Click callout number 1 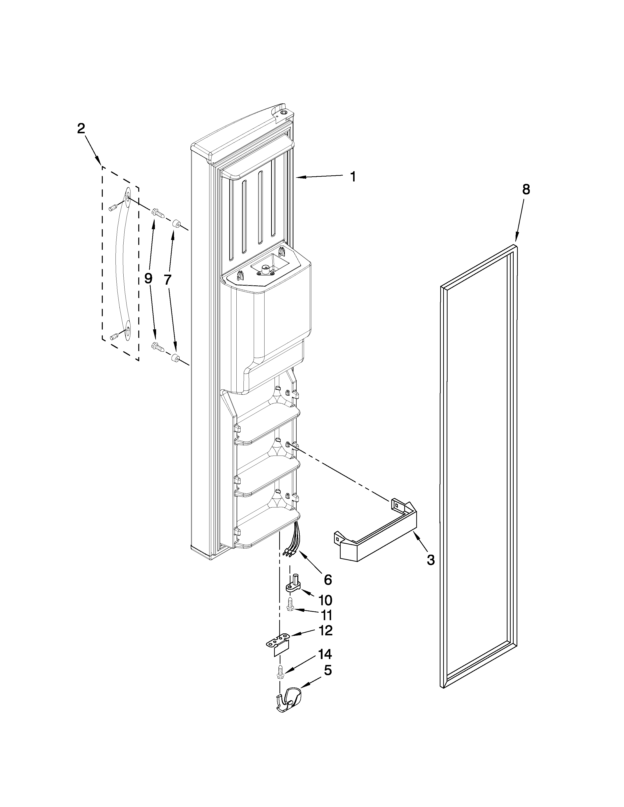tap(353, 177)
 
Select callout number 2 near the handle tap(81, 129)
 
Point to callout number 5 tap(327, 670)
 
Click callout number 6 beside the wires tap(327, 579)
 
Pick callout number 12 tap(325, 631)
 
